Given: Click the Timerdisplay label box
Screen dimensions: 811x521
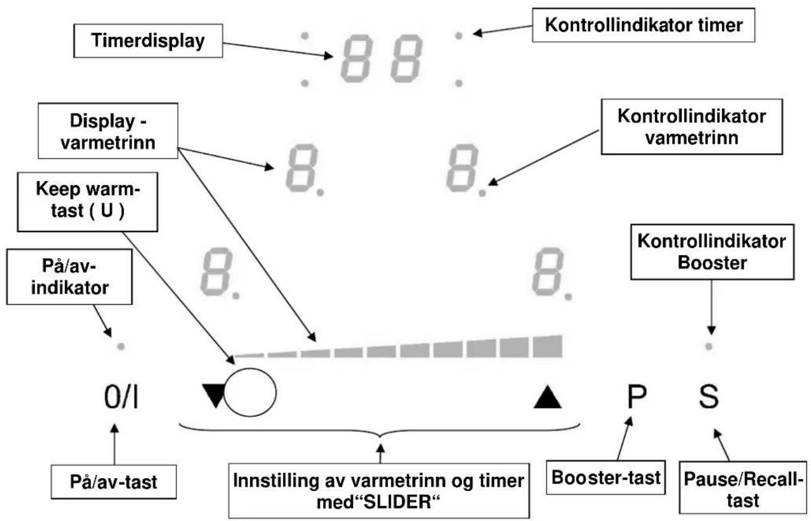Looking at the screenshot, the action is (x=148, y=41).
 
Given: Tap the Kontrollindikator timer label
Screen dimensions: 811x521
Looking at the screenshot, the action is (x=643, y=25).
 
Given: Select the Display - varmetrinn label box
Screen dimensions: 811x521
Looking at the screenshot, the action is (x=108, y=131).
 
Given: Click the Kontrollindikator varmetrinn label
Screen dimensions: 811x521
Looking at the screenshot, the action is (x=692, y=127).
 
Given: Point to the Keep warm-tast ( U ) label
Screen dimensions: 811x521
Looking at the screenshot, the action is (x=87, y=201).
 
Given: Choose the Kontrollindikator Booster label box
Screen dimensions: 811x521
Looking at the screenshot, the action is (x=712, y=252).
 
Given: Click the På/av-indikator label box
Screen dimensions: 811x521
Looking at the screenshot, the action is (x=70, y=276).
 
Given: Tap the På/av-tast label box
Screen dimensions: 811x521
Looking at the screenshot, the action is (x=113, y=482).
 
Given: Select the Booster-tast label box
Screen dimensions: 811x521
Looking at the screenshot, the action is (x=605, y=477).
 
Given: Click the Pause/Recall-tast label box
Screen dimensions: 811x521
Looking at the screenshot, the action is (x=743, y=487).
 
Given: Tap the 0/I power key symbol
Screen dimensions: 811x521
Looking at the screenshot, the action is (x=121, y=398).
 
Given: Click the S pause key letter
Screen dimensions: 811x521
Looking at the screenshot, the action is (x=709, y=397).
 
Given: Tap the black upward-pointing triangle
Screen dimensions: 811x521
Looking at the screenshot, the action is (x=548, y=398).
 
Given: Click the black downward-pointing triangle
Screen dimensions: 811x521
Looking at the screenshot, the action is (x=214, y=395).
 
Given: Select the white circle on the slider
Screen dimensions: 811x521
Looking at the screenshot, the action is (x=250, y=392).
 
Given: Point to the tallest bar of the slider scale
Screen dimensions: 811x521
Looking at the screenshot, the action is (x=548, y=347).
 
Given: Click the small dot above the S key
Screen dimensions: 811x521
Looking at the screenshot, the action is (x=709, y=347).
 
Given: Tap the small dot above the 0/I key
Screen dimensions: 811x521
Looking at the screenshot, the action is (x=121, y=347).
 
